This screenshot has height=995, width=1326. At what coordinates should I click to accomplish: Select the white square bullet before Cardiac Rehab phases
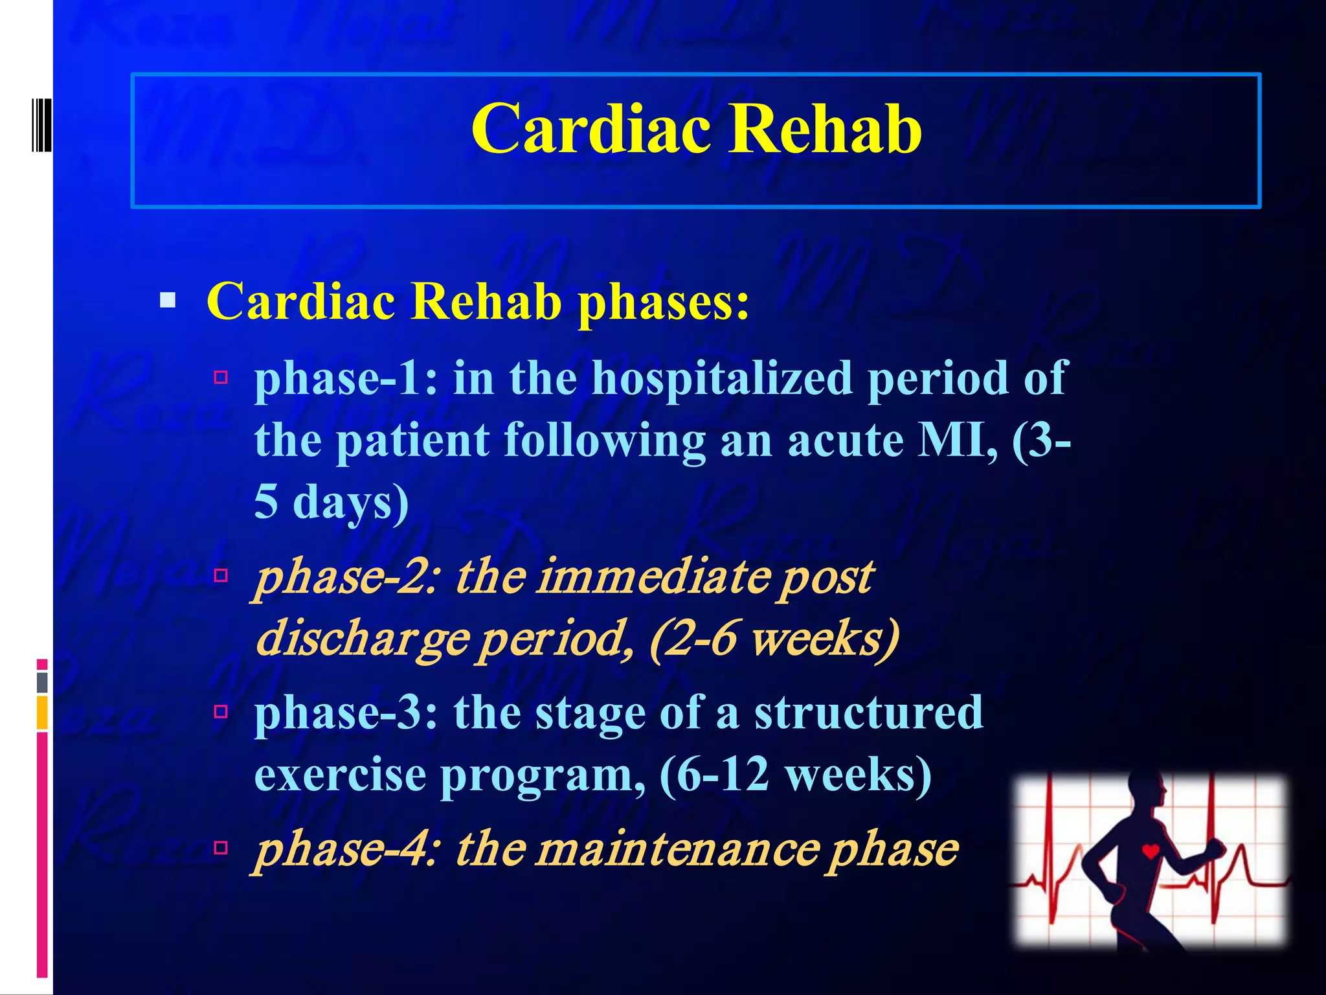168,301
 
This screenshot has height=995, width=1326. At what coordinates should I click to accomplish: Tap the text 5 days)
331,502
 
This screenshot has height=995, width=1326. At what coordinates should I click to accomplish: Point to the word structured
868,712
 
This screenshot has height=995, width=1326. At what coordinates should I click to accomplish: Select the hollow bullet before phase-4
221,847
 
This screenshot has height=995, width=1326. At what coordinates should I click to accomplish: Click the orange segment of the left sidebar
42,713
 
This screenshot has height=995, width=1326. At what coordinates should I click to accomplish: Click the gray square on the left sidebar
42,682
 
